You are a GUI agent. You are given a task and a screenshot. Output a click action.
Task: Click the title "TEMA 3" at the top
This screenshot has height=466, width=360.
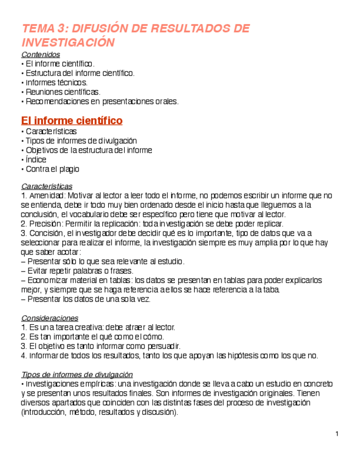coord(43,29)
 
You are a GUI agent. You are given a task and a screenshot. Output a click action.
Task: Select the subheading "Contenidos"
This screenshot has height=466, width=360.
coord(40,54)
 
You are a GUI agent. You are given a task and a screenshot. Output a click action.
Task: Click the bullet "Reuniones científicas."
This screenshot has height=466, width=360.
coord(63,92)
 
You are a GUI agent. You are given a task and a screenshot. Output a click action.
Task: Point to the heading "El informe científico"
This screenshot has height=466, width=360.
coord(71,120)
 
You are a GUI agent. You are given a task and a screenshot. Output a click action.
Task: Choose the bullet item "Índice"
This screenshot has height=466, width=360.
coord(36,159)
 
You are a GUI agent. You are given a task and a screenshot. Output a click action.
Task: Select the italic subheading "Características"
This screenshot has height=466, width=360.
coord(46,186)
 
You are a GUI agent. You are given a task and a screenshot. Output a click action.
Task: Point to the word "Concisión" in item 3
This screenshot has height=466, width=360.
coord(45,233)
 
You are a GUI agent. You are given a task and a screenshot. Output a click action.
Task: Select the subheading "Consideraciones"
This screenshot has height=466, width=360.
coord(49,318)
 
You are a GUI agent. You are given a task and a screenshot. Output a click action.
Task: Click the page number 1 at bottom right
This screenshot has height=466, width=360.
coord(336,435)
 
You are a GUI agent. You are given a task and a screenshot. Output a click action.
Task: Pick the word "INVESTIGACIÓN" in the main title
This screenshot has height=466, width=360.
coord(68,42)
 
